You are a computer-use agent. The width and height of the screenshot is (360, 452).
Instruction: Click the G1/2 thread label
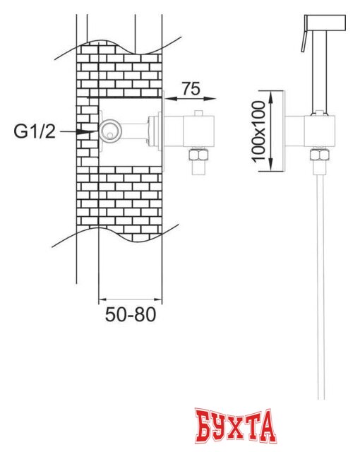tap(35, 132)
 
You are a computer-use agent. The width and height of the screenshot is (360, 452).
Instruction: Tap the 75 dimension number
tap(191, 88)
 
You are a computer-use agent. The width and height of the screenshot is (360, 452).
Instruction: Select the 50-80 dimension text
tap(131, 314)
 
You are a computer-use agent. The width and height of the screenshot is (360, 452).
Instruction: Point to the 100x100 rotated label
tap(258, 131)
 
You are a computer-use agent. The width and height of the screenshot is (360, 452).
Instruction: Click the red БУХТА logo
tap(235, 427)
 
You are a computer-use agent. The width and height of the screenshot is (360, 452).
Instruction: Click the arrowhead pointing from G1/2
tap(86, 132)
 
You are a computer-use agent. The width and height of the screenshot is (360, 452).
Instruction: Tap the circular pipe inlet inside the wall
tap(109, 131)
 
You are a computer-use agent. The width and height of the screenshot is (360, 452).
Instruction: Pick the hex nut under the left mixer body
tap(198, 155)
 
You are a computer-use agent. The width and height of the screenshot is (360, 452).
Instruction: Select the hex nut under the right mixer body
tap(320, 155)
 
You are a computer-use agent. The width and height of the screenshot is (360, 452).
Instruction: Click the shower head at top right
tap(325, 23)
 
